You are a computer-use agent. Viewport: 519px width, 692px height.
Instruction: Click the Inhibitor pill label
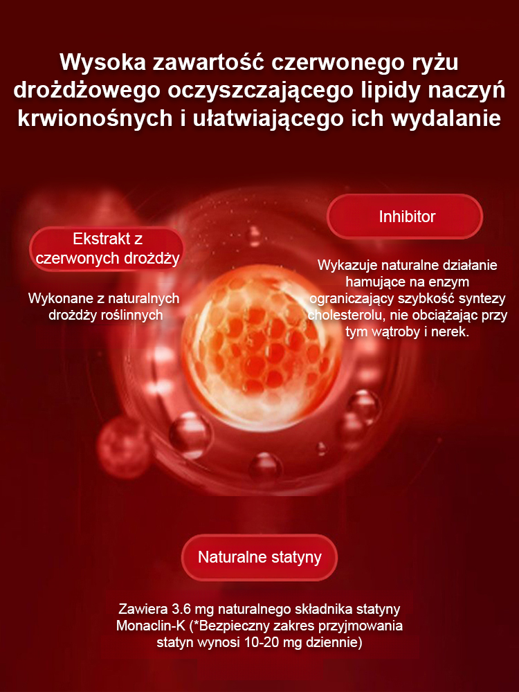(x=405, y=216)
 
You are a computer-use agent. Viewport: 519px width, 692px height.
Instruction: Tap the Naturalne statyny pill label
(x=259, y=557)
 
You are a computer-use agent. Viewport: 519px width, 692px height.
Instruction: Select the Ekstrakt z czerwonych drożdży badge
(x=107, y=248)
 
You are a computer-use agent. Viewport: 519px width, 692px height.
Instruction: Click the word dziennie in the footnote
(x=334, y=643)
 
